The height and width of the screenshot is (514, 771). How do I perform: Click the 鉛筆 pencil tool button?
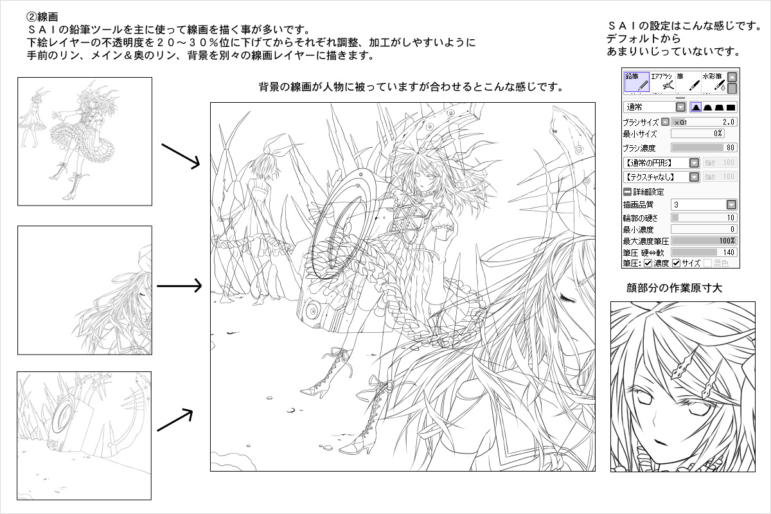637,82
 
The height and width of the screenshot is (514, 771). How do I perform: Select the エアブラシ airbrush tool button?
662,82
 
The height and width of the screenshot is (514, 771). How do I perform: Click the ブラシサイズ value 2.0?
729,122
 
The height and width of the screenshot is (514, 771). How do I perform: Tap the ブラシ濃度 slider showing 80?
704,148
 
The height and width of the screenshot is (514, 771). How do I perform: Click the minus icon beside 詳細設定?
627,191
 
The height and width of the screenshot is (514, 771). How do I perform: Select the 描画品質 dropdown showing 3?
704,205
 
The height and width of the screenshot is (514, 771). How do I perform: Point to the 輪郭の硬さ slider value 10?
731,218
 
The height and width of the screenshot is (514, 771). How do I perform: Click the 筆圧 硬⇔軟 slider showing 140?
704,253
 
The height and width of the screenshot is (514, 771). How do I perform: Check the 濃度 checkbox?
648,263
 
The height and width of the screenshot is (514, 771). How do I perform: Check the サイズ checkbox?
677,263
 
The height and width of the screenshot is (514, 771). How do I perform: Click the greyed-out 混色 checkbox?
707,263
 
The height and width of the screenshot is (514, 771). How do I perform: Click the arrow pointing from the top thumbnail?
181,157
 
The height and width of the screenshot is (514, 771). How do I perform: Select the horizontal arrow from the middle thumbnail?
179,286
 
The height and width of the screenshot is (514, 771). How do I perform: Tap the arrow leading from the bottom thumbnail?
175,420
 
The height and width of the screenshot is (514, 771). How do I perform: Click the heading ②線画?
42,17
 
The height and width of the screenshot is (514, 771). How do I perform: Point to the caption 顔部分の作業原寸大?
674,288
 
